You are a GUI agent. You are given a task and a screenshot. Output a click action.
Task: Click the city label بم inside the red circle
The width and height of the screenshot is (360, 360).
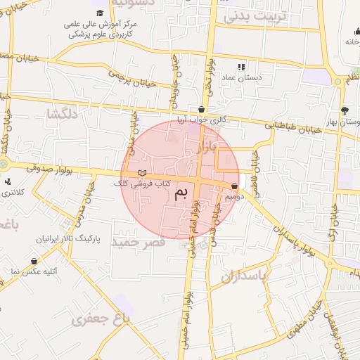coord(181,193)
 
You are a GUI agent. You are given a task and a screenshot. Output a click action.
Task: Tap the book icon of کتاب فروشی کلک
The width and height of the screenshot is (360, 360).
coord(143,173)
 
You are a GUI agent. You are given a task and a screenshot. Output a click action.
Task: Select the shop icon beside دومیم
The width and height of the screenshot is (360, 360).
coord(233,186)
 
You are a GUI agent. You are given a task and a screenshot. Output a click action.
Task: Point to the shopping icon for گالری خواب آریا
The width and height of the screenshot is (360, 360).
coord(202,110)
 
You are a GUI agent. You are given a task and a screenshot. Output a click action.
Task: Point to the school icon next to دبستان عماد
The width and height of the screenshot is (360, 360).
coord(241,67)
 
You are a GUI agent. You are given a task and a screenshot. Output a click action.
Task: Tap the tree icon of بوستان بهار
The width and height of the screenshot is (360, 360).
coord(345,110)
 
